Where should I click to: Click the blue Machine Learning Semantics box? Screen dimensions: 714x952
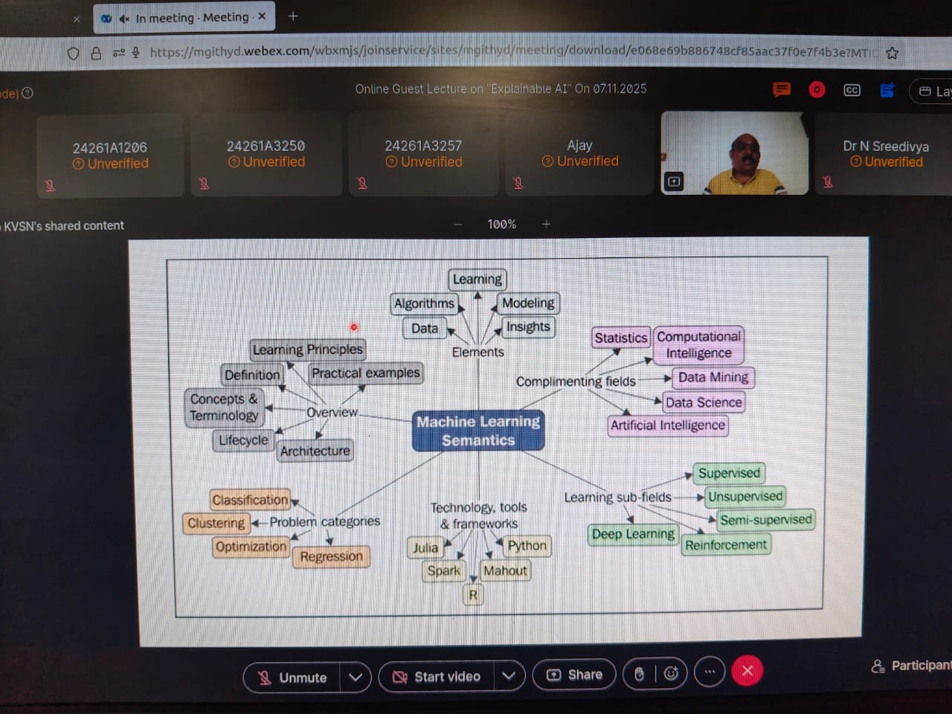478,431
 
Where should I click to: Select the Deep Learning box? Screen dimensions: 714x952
633,534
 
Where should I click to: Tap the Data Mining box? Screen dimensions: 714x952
713,377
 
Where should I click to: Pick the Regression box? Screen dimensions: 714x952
331,556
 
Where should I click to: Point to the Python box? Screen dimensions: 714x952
527,546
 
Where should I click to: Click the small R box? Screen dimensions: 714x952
473,595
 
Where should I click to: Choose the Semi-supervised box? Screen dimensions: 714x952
765,520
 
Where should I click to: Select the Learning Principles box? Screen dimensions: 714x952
307,350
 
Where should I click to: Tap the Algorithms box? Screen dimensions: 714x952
424,303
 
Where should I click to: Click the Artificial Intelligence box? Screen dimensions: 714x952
667,425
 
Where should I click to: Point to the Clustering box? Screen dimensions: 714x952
216,523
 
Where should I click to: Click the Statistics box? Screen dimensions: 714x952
620,338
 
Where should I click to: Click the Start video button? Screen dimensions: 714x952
437,677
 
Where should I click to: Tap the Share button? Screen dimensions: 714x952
574,675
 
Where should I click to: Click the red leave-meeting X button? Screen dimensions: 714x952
747,671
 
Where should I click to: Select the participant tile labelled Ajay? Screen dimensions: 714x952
579,154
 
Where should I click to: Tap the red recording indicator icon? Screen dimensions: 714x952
817,90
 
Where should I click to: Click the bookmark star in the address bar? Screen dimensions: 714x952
892,53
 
